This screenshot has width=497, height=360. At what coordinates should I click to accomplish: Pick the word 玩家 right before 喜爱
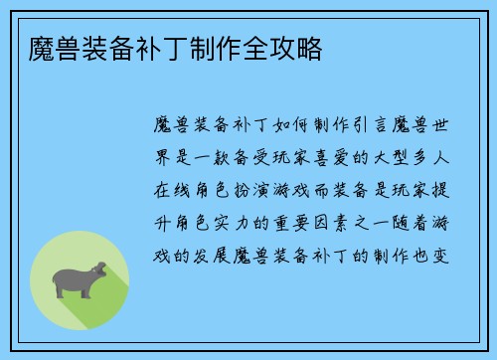288,157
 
